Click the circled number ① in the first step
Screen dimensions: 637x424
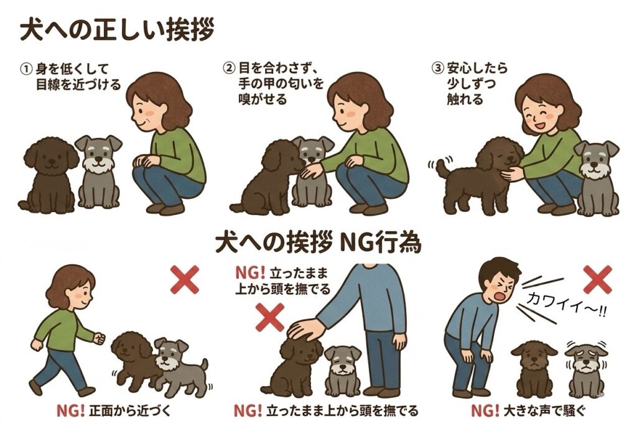[x=25, y=68]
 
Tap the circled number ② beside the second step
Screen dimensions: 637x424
[x=229, y=67]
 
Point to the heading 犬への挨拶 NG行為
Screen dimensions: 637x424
[x=318, y=243]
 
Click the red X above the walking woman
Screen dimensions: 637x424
[x=185, y=279]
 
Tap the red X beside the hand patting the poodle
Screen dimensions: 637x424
[x=270, y=317]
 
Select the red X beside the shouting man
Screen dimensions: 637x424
[x=597, y=279]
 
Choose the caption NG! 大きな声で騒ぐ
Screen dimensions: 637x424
[x=528, y=411]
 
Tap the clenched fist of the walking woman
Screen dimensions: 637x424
[x=99, y=338]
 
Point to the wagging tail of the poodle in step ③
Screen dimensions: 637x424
[x=441, y=168]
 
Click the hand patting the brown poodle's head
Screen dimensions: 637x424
[x=307, y=328]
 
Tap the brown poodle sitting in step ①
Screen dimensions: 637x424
[x=50, y=175]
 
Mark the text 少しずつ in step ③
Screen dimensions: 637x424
[x=472, y=84]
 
